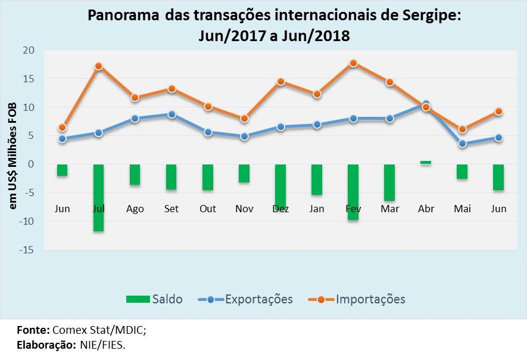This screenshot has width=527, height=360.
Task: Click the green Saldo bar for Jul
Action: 99,197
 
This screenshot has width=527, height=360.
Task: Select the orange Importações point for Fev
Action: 353,63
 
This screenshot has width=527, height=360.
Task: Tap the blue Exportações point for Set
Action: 171,114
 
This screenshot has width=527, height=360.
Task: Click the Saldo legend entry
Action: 154,299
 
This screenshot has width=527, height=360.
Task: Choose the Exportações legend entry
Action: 246,299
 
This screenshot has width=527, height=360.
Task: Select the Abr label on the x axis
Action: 426,209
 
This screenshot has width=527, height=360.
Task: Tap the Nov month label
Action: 244,209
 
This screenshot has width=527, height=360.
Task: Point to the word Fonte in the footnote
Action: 33,330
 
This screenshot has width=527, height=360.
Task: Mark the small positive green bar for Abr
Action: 426,162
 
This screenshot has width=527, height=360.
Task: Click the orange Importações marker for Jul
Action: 99,66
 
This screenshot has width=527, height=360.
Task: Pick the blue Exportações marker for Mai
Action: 462,144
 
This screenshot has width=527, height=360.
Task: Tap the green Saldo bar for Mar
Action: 389,182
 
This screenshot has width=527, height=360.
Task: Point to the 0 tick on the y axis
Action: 33,165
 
